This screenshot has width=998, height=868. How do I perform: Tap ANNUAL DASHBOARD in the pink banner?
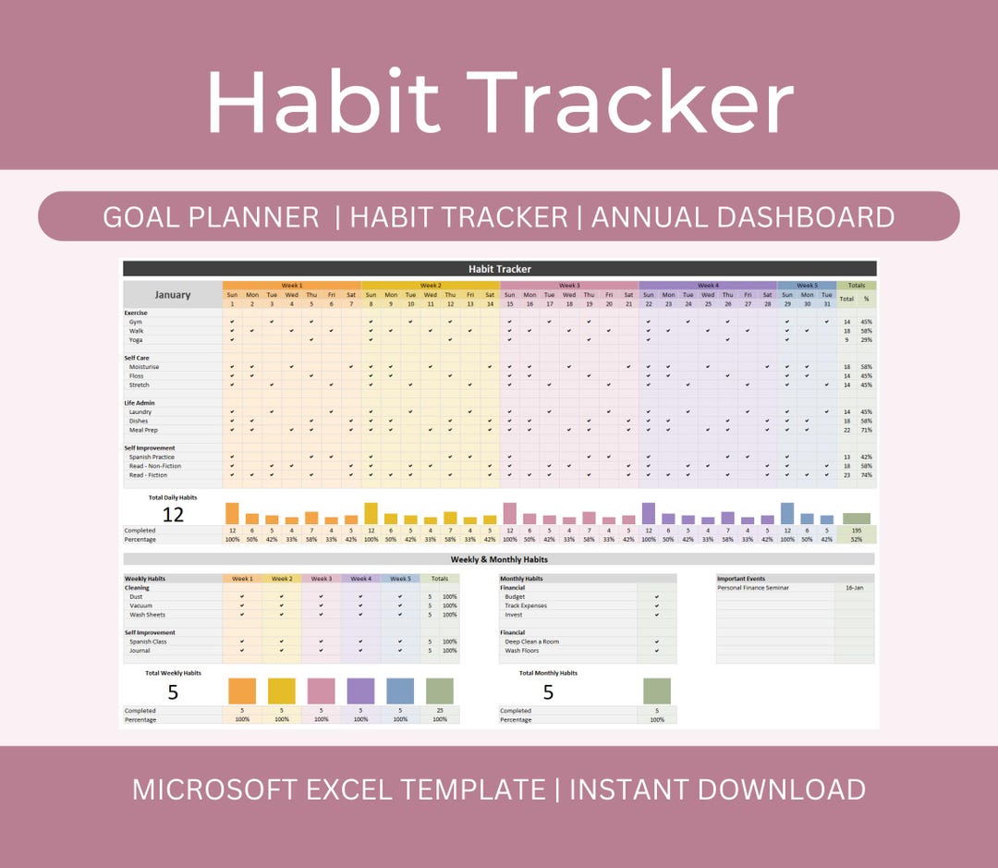click(x=742, y=217)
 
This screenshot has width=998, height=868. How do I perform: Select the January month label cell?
click(x=173, y=295)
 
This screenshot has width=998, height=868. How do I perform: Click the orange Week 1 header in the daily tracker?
click(x=291, y=286)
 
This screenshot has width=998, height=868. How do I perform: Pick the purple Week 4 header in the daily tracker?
click(x=707, y=286)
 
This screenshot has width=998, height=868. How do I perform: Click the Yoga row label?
click(x=138, y=339)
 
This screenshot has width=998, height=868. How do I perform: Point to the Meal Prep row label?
click(x=144, y=430)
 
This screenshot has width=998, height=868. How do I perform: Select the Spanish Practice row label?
click(x=152, y=457)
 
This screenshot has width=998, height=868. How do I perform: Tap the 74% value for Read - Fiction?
click(x=866, y=475)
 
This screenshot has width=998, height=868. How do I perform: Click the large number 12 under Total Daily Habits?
click(x=173, y=515)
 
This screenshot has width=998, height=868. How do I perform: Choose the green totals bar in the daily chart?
click(x=856, y=519)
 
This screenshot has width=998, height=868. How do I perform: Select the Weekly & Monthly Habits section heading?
click(x=499, y=559)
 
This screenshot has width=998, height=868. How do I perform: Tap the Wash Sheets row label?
click(x=147, y=615)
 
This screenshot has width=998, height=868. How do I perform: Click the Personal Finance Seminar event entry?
click(x=753, y=588)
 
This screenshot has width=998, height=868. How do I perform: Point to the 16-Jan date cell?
click(x=855, y=588)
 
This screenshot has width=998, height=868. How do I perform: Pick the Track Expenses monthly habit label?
click(x=526, y=605)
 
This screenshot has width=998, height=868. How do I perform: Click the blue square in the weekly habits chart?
click(x=400, y=691)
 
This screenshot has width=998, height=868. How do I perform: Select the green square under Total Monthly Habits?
click(x=657, y=691)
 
